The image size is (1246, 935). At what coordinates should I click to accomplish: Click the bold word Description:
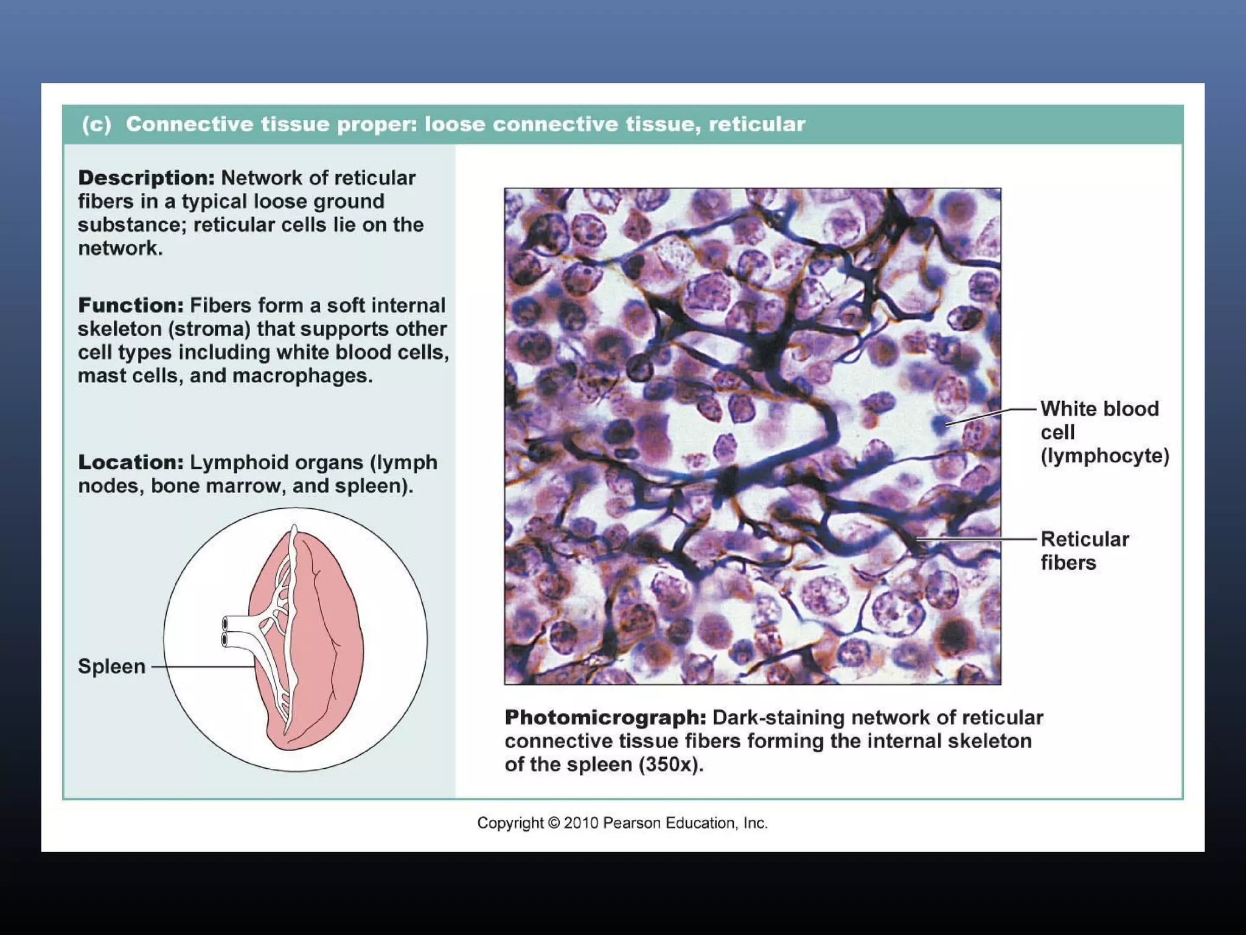tap(146, 178)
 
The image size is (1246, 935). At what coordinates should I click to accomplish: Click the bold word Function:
tap(130, 306)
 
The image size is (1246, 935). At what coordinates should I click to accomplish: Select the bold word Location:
tap(130, 463)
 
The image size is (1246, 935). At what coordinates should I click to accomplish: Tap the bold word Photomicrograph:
tap(605, 718)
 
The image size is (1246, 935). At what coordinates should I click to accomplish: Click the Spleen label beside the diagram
tap(111, 667)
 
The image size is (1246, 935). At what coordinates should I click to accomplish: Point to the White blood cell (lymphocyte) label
tap(1104, 432)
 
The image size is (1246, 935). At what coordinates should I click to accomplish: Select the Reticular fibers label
tap(1084, 550)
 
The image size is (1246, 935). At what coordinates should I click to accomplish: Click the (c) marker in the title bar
tap(97, 125)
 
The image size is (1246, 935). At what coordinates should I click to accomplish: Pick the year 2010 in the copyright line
tap(580, 823)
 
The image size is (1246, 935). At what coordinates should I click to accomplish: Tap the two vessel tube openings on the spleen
tap(225, 632)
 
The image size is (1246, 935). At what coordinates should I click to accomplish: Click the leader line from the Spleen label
tap(204, 667)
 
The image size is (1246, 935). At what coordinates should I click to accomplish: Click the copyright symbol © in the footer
tap(554, 823)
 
